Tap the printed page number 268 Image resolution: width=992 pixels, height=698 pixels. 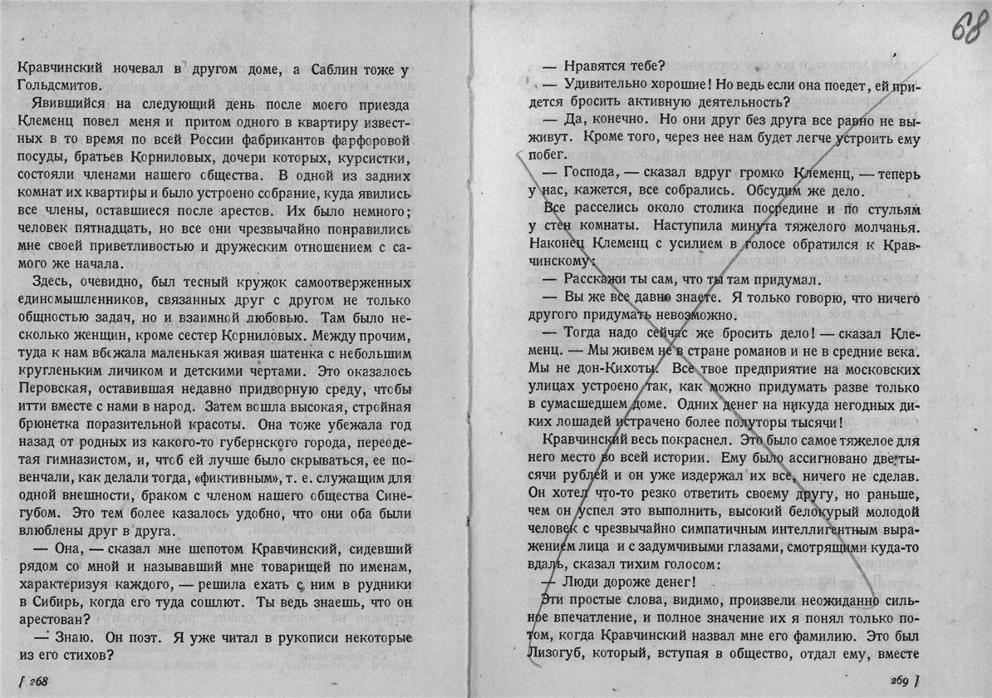tap(37, 681)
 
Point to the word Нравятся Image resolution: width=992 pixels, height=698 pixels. tap(594, 66)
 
